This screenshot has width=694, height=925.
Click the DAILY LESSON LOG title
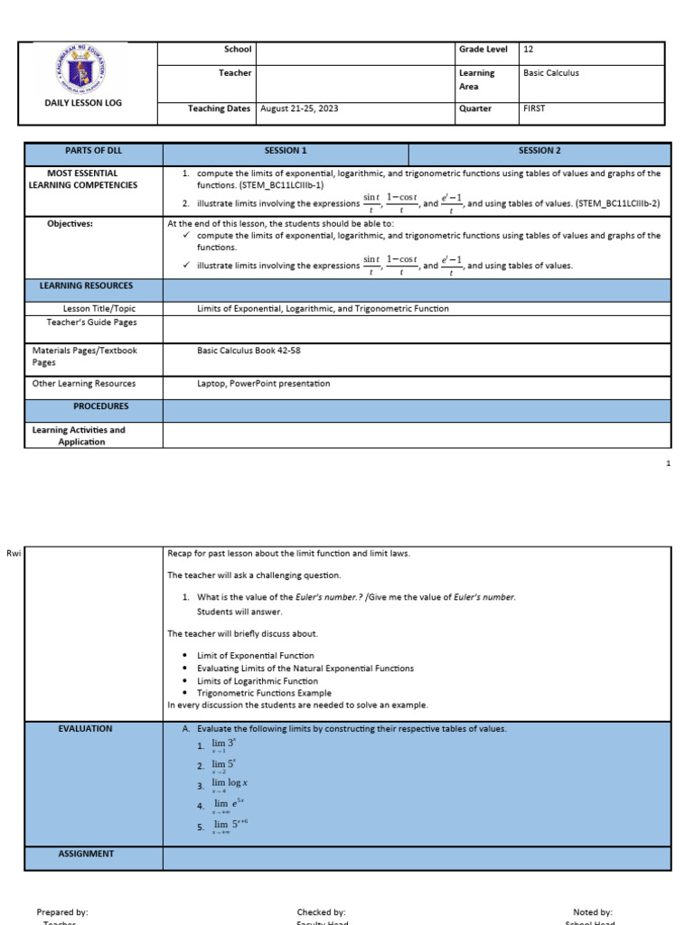(83, 103)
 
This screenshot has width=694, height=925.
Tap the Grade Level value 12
(529, 50)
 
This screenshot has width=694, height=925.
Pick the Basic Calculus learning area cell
(550, 73)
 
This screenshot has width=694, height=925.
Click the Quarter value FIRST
(534, 108)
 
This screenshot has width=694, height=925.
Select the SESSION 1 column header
(286, 151)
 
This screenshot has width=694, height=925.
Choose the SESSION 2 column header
(539, 151)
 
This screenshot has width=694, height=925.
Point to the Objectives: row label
(70, 223)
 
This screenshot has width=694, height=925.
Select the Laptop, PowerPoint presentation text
(264, 383)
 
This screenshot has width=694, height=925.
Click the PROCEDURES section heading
(100, 406)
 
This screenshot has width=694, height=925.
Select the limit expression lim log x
(230, 784)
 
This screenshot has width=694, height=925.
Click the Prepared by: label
(62, 912)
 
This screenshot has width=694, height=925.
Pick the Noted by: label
(593, 912)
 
